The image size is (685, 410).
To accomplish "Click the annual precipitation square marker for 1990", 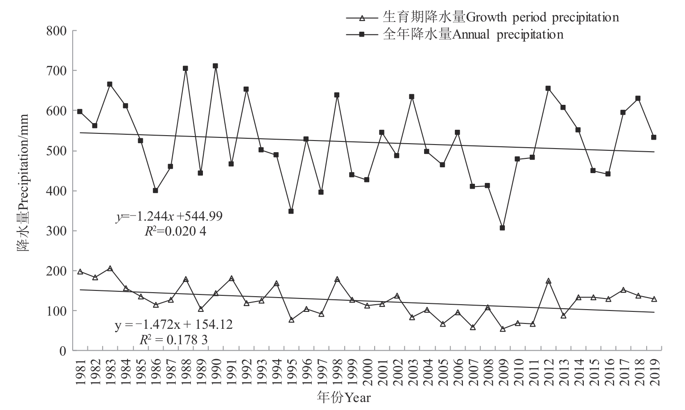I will (215, 66).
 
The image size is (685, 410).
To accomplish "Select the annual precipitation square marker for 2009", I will (503, 228).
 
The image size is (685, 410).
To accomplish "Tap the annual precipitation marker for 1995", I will (291, 211).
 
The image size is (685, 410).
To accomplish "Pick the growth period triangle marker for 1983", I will (110, 269).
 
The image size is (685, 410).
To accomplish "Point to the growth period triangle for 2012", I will (548, 281).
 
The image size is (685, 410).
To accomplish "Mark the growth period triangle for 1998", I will (337, 279).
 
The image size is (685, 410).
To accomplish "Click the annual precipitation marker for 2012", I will (548, 88).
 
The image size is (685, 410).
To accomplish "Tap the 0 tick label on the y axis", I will (62, 351).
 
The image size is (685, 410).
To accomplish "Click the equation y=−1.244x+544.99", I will (169, 217).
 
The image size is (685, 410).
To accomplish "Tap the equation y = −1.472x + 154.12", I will (173, 324).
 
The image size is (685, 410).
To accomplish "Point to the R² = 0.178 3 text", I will (173, 340).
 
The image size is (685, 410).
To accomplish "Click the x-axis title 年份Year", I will (343, 397).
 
